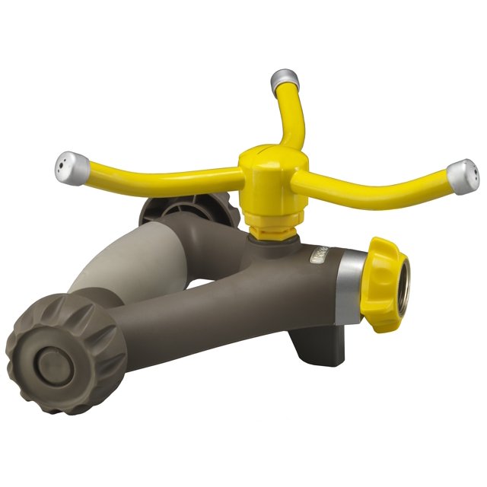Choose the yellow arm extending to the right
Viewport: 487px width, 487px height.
tap(380, 183)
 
